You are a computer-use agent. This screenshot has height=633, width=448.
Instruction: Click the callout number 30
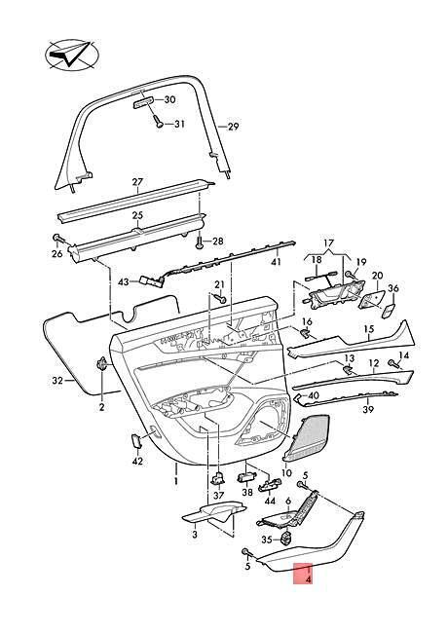169,99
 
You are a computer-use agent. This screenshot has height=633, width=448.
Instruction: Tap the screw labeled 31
159,122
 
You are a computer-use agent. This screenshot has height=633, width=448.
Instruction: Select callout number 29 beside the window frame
234,127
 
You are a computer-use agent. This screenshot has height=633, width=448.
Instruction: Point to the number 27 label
137,182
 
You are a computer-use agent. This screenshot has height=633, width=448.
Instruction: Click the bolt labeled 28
200,242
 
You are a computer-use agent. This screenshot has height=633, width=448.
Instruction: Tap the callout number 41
276,262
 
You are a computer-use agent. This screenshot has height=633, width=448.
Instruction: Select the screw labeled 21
221,299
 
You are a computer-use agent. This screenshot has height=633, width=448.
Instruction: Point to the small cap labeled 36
389,311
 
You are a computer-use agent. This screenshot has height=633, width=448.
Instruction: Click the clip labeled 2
101,364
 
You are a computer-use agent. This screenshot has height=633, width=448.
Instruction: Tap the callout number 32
57,380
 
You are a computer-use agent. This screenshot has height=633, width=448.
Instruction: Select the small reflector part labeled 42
136,441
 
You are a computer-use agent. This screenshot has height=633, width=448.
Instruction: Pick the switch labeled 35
287,539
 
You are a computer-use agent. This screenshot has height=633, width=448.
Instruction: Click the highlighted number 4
309,579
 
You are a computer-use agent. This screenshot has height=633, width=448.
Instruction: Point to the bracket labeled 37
218,478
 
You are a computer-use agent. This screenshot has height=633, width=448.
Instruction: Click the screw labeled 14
393,363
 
